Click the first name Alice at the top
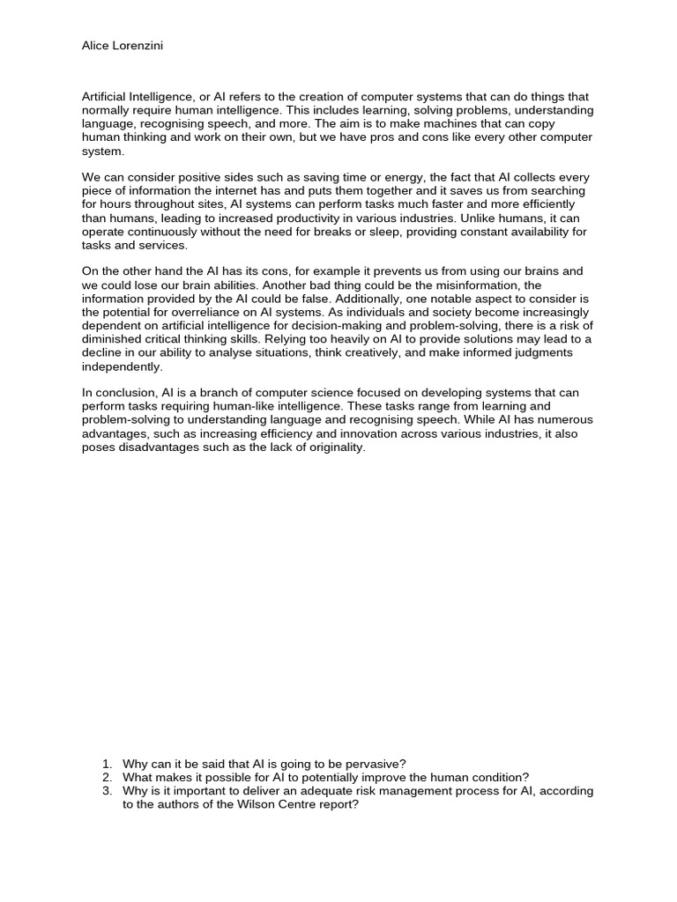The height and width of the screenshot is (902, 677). pos(96,46)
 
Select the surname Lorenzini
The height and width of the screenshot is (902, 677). pos(138,46)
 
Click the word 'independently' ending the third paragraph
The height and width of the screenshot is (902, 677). pos(123,367)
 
